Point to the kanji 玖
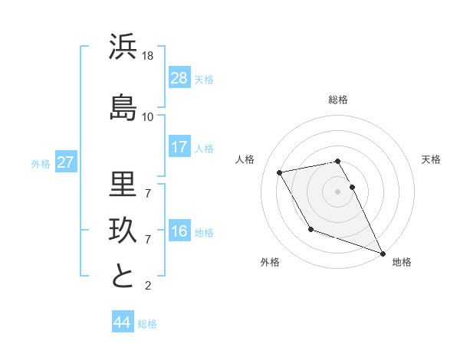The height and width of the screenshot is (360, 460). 123,231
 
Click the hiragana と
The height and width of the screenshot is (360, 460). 123,277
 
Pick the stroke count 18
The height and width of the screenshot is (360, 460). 149,56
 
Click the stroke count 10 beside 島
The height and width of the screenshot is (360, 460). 148,116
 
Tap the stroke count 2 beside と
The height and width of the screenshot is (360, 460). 148,286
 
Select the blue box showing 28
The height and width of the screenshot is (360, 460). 179,78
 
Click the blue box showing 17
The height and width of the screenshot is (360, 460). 179,147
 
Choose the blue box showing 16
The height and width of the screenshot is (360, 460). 179,232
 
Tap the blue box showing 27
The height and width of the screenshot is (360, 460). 66,162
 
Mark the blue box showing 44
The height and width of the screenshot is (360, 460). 122,322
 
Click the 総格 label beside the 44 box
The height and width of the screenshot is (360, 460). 147,324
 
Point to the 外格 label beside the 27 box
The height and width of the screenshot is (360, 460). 41,163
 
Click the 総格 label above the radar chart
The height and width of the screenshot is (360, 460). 337,100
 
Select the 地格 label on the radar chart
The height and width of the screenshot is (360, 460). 402,262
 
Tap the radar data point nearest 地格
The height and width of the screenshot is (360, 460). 383,254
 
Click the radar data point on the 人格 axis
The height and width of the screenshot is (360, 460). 280,173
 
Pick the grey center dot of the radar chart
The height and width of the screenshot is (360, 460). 337,191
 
